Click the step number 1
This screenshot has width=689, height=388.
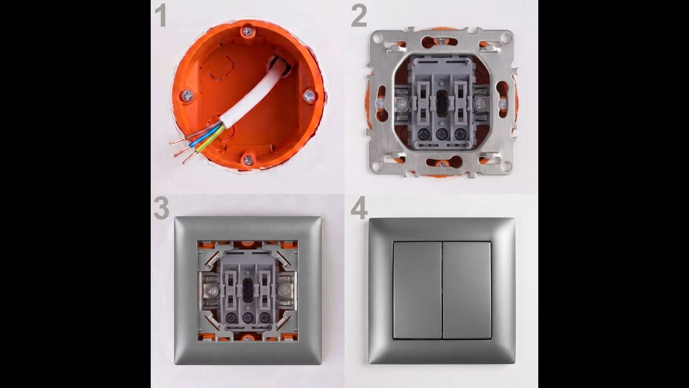click(161, 16)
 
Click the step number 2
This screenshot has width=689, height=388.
click(359, 16)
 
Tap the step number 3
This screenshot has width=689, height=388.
click(161, 208)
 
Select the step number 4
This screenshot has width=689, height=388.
click(359, 208)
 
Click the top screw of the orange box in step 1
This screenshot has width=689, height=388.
click(247, 31)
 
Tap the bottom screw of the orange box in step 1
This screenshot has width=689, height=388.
click(247, 160)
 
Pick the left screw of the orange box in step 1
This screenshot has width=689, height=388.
click(187, 95)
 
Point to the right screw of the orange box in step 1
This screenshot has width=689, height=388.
click(309, 96)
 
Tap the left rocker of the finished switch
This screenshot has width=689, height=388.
click(417, 290)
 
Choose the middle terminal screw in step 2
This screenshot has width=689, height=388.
click(442, 134)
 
